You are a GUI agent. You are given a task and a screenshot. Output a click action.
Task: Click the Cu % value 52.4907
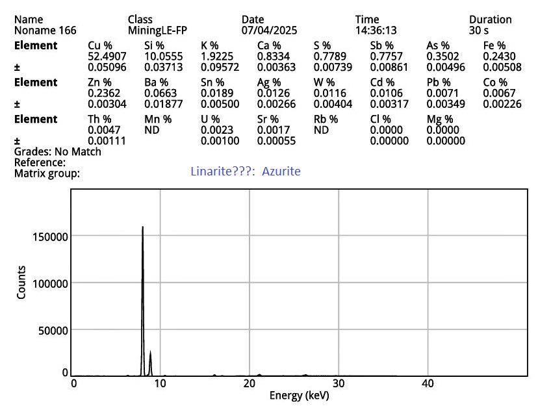[x=106, y=56]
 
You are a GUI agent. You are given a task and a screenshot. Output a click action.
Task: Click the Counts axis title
[x=22, y=283]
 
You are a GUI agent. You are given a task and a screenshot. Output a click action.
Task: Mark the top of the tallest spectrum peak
[x=142, y=227]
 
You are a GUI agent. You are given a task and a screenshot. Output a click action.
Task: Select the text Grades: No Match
[x=58, y=151]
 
